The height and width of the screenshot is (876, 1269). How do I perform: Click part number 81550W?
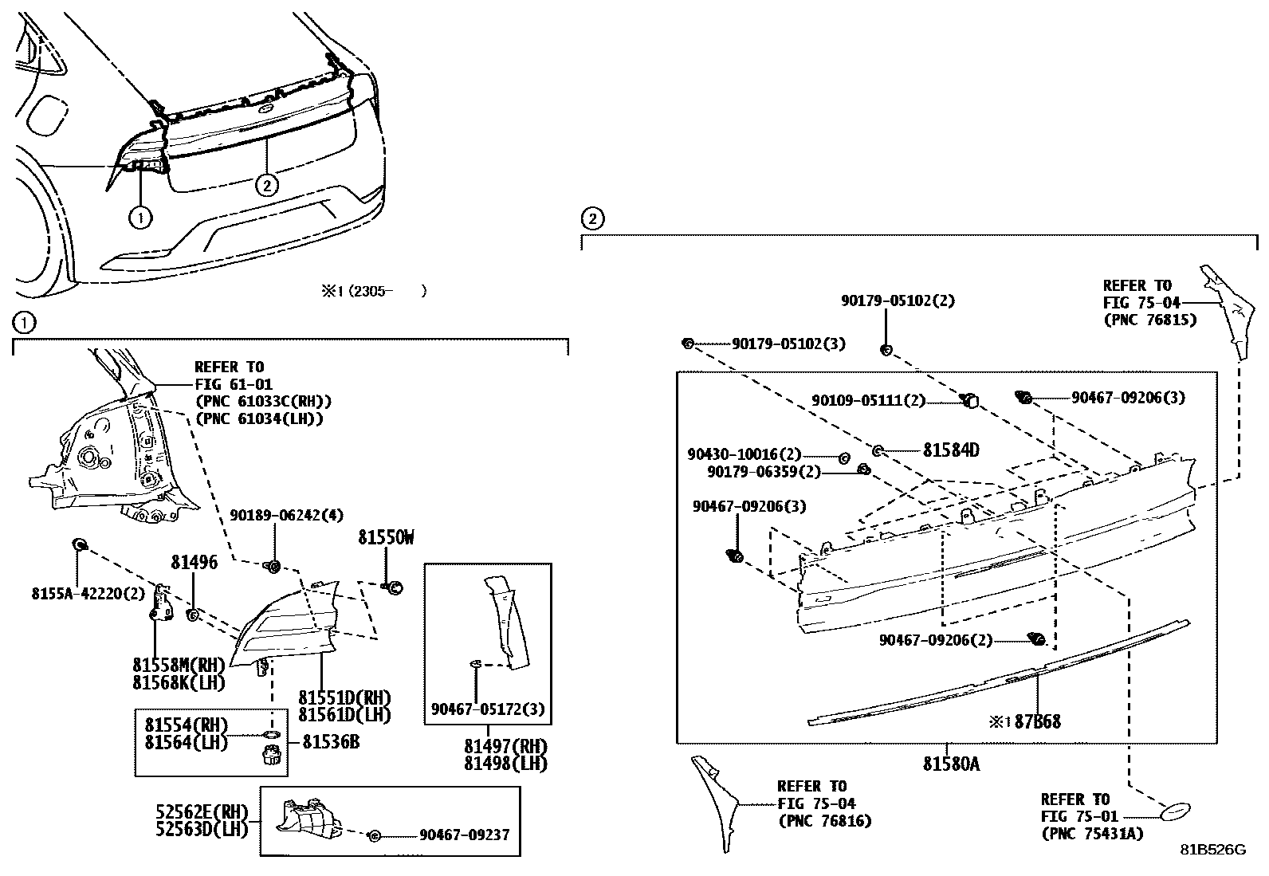pos(386,538)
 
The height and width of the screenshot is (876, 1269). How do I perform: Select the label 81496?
pos(193,563)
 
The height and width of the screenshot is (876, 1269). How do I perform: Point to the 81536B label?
pos(331,742)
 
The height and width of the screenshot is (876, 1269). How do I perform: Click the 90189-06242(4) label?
pos(286,516)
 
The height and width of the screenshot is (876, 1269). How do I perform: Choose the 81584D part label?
pos(951,451)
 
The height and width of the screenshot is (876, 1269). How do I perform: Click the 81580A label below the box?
pos(951,764)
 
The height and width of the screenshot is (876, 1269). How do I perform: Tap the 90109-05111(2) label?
pos(868,401)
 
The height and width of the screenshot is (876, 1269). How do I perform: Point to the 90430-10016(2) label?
pos(744,454)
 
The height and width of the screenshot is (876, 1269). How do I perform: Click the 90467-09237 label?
pos(464,835)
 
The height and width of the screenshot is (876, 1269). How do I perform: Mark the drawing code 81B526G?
pos(1212,850)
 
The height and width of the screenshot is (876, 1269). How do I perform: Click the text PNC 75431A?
pos(1091,834)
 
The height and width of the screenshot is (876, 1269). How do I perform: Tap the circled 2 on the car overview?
pos(267,186)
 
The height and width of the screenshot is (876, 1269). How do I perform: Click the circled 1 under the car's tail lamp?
pos(139,217)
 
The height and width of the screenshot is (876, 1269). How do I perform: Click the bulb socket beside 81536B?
pos(271,756)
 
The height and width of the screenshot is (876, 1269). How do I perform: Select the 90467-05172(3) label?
pos(487,709)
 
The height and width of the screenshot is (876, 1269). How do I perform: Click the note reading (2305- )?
pos(375,292)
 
